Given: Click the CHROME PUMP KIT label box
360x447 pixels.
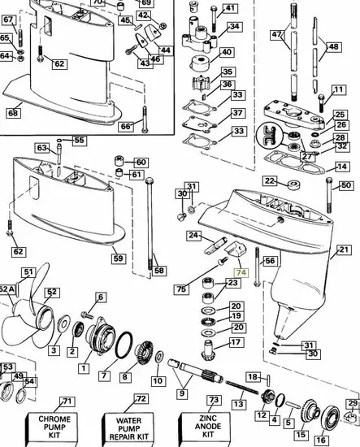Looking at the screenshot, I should point(55,425).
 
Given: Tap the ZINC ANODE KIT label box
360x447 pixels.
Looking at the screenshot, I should point(214,425).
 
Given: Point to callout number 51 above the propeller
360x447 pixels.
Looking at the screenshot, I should point(28,272).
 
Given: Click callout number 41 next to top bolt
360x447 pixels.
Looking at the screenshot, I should point(230,10).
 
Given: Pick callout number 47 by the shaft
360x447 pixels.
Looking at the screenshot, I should point(277,35).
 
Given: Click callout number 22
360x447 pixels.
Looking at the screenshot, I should point(269,180).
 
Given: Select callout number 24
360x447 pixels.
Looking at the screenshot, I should point(193,236).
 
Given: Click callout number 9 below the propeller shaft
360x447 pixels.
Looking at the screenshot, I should point(180,393).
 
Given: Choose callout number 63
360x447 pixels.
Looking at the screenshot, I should point(42,147).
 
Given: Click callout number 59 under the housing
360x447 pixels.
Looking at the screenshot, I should point(119,258).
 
